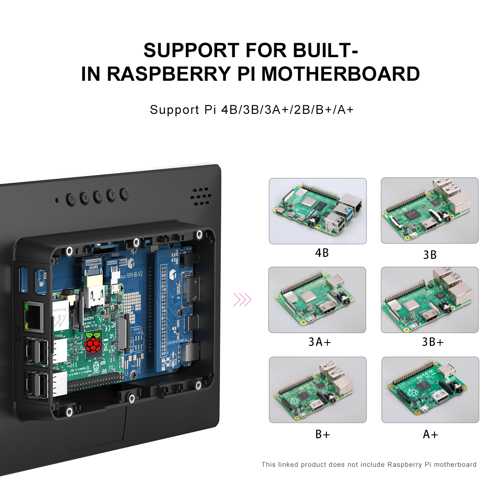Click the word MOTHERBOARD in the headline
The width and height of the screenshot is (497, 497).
coord(340,74)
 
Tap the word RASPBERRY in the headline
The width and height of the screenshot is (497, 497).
coord(169,74)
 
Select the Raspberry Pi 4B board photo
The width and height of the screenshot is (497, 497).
coord(318,211)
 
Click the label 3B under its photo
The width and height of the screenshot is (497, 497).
coord(430,255)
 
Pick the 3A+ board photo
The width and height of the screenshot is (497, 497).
coord(317,299)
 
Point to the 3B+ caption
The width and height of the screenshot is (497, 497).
coord(433,342)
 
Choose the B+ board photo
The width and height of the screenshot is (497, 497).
coord(318,389)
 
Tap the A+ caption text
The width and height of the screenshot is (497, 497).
coord(430,434)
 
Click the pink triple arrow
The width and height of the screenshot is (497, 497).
coord(242,299)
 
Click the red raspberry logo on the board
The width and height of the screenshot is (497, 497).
coord(93,342)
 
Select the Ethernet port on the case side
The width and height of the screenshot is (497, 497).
coord(34,317)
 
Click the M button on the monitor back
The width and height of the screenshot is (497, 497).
coord(84,198)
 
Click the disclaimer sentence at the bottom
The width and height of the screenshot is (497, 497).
coord(369,465)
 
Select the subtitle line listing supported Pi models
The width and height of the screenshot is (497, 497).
coord(252,110)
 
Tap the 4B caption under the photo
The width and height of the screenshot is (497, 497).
coord(322,253)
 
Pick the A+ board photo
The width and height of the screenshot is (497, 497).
coord(430,389)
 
